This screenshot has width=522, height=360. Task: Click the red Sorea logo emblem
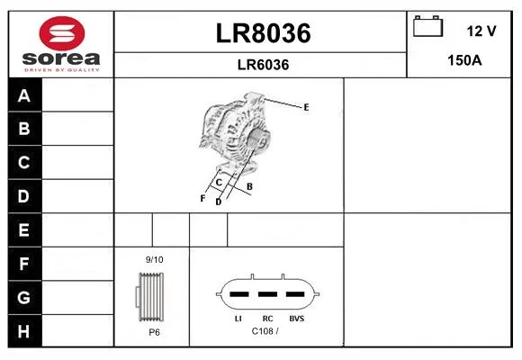(x=62, y=33)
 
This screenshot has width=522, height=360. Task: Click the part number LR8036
(x=263, y=33)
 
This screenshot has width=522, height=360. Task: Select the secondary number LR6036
(x=263, y=65)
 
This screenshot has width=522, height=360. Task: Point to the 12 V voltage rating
(x=481, y=31)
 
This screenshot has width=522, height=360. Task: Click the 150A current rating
(x=464, y=60)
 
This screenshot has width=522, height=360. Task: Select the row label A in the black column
(x=24, y=96)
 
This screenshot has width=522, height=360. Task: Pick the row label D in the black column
(x=23, y=196)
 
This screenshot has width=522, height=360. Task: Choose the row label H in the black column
(x=23, y=331)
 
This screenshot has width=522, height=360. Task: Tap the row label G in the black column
(x=23, y=297)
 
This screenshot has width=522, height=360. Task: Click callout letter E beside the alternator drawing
(x=306, y=107)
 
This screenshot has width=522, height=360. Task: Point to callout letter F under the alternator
(x=202, y=199)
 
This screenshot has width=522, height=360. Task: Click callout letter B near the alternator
(x=249, y=187)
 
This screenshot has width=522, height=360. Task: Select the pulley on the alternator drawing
(x=258, y=139)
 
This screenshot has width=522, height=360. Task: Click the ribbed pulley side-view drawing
(x=150, y=297)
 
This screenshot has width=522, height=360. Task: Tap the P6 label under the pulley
(x=154, y=332)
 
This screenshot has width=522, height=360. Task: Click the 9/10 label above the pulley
(x=155, y=259)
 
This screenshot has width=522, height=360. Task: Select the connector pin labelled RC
(x=267, y=294)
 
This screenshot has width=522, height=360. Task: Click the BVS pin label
(x=297, y=319)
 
